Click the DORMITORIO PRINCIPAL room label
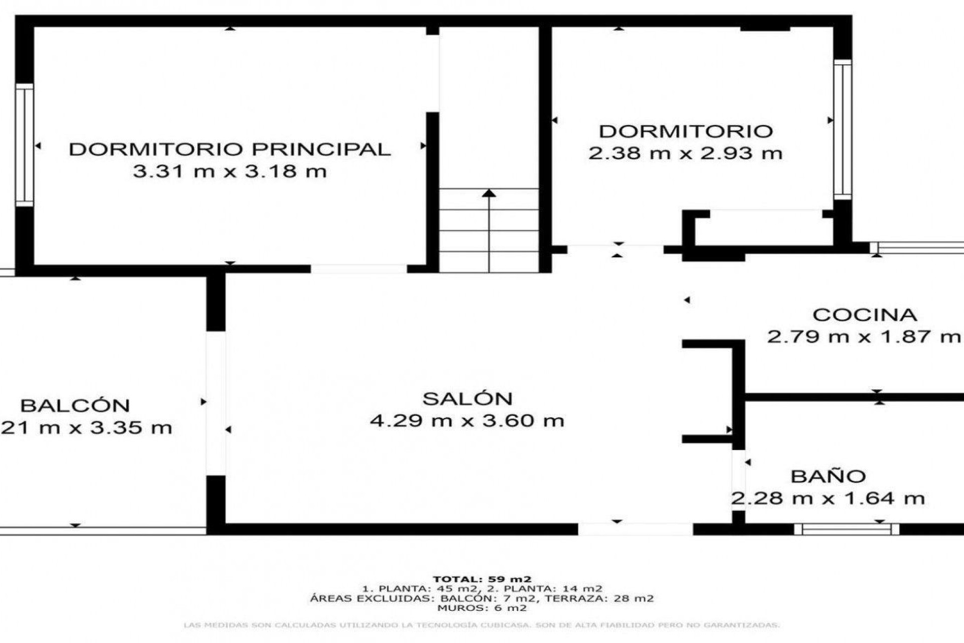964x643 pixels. click(x=229, y=149)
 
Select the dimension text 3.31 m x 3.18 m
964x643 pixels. click(x=229, y=171)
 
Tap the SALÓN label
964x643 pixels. click(x=467, y=399)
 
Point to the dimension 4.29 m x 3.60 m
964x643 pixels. click(x=467, y=420)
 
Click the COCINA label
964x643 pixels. click(x=865, y=315)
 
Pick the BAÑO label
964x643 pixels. click(x=828, y=476)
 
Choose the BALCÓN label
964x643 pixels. click(x=75, y=405)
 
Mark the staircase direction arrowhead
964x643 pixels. click(x=489, y=193)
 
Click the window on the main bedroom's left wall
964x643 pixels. click(x=24, y=145)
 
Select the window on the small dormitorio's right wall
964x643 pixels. click(x=842, y=129)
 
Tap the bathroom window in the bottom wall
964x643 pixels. click(x=847, y=529)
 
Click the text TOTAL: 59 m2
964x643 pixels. click(x=482, y=579)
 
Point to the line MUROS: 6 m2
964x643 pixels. click(x=482, y=608)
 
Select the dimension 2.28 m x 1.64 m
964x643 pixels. click(x=827, y=498)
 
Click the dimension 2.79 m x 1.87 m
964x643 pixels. click(x=864, y=337)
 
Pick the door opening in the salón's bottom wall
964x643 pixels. click(x=635, y=529)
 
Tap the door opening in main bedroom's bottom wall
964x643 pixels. click(x=358, y=269)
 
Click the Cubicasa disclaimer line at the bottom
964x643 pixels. click(x=482, y=625)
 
